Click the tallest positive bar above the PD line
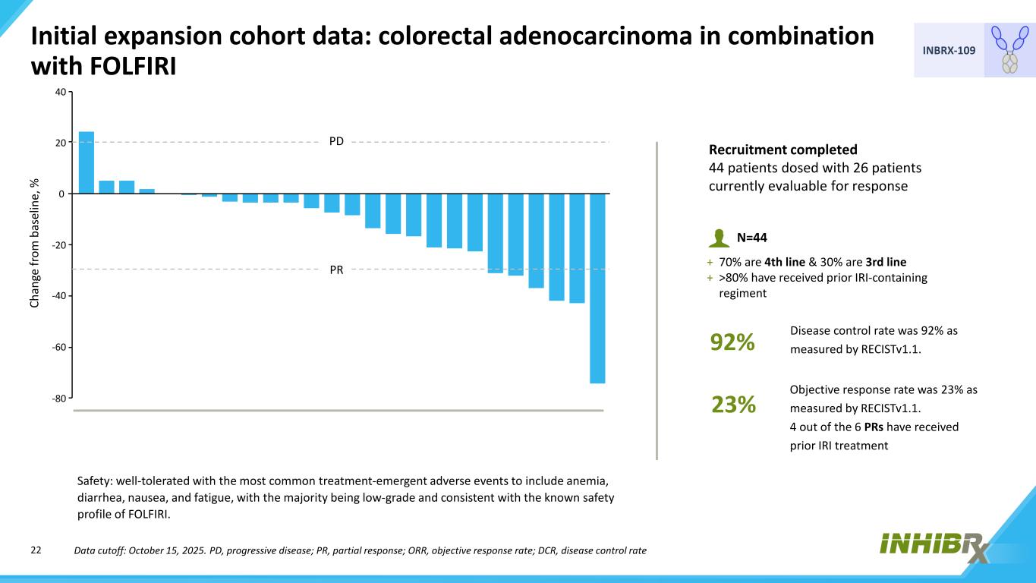[x=87, y=162]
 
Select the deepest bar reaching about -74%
[x=597, y=288]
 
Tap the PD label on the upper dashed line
[x=336, y=141]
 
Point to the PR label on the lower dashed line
[x=336, y=269]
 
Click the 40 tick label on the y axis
[x=61, y=92]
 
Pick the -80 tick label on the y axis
[x=59, y=399]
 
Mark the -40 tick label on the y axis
[x=59, y=296]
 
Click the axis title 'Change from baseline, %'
[x=34, y=243]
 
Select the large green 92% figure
[x=732, y=342]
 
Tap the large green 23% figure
[x=733, y=404]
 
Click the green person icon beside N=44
[x=719, y=238]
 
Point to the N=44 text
[x=751, y=238]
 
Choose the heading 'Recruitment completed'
[x=783, y=150]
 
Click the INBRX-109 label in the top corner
[x=949, y=50]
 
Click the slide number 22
[x=36, y=550]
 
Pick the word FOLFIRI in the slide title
[x=134, y=66]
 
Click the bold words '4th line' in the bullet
[x=785, y=262]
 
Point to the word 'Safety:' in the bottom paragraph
[x=95, y=481]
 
